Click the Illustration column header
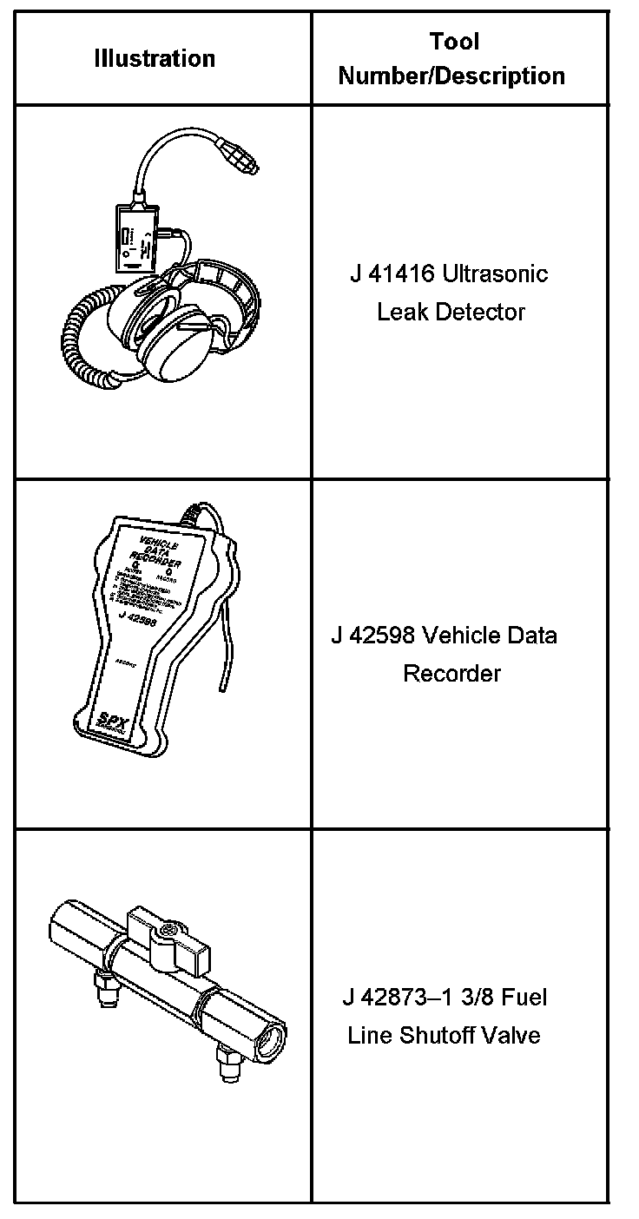[x=155, y=59]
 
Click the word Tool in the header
[x=453, y=41]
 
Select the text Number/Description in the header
[x=451, y=76]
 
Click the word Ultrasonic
[x=495, y=275]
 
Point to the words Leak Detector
[x=451, y=312]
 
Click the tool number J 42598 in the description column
[x=373, y=636]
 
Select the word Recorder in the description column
[x=451, y=673]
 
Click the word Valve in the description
[x=517, y=1035]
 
